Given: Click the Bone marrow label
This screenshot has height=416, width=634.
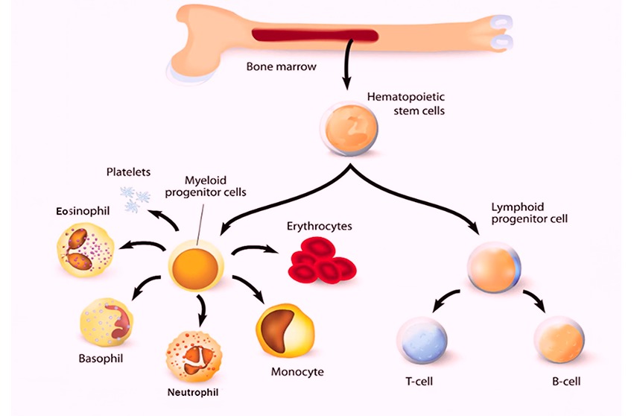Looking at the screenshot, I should [281, 66].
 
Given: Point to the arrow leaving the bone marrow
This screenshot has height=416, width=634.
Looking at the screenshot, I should [346, 71].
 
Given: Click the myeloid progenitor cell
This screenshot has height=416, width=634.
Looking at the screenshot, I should [196, 266].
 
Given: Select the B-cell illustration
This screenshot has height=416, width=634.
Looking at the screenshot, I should [559, 343].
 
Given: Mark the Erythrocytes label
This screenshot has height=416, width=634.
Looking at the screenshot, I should [319, 225].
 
